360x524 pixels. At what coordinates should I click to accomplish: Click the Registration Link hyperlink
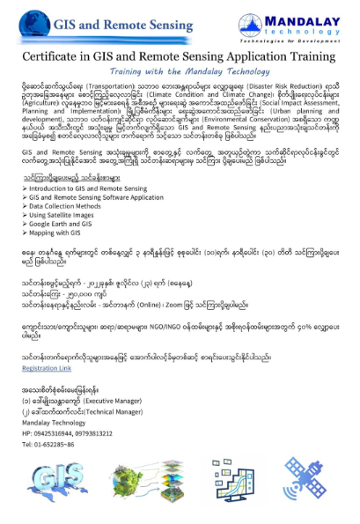[47, 369]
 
